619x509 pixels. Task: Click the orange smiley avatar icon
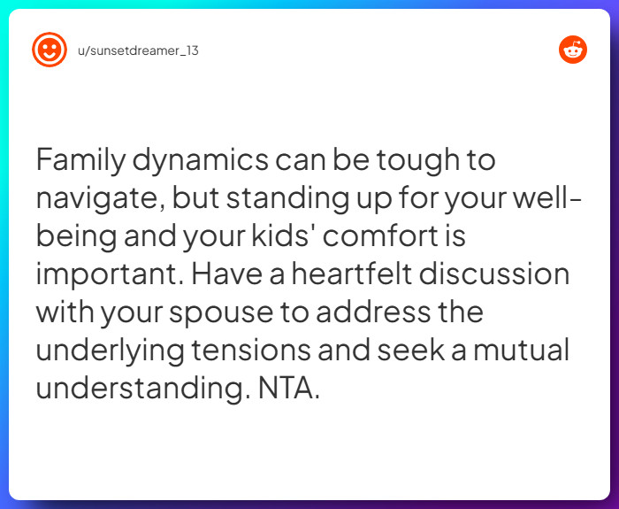tap(49, 50)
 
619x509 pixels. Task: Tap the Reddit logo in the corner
tap(573, 50)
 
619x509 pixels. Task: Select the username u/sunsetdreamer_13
tap(138, 50)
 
